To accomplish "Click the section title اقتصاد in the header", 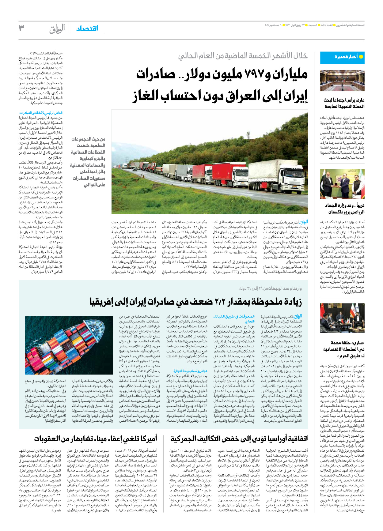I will click(87, 28).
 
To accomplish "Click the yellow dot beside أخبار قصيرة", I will click(361, 57).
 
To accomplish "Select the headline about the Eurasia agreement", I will click(239, 439).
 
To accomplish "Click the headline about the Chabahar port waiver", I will click(96, 439).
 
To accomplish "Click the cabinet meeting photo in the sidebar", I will click(342, 81).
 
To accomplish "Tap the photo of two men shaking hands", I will click(342, 184).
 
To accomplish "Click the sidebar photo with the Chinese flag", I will click(342, 318).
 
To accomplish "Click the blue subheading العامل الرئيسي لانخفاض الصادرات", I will click(41, 113).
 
